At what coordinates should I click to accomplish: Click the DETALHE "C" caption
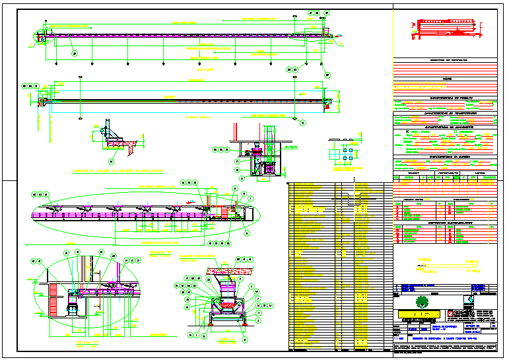click(x=86, y=343)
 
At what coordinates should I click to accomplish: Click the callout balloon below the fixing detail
click(x=111, y=161)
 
